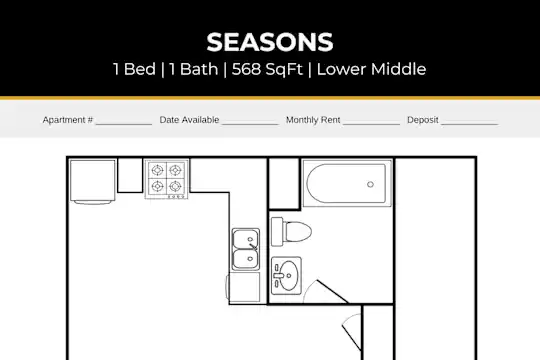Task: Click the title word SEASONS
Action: click(x=270, y=42)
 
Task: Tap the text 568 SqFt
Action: click(x=267, y=69)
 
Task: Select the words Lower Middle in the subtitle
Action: click(x=371, y=69)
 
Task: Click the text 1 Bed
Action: click(x=134, y=69)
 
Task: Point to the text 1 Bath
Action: click(x=194, y=69)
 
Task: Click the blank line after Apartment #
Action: click(x=124, y=124)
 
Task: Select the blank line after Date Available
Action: click(x=250, y=124)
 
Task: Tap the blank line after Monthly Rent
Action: click(x=371, y=124)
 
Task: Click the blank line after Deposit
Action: click(x=469, y=124)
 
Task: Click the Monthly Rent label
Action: click(x=313, y=120)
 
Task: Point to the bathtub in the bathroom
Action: click(x=346, y=184)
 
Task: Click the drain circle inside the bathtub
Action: click(x=370, y=184)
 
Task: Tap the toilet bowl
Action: click(x=297, y=232)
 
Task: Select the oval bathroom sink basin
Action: click(x=288, y=276)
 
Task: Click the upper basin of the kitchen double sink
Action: click(x=245, y=239)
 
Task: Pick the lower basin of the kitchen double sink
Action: click(x=245, y=259)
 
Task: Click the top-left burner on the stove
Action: click(x=158, y=170)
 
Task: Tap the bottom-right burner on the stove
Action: click(x=175, y=186)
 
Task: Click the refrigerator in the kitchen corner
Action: click(x=92, y=181)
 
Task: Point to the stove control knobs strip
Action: click(x=176, y=197)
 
